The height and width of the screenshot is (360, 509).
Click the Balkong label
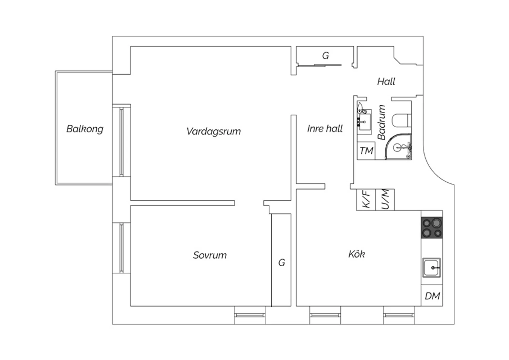[85, 129]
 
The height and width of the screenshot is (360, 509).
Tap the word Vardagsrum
[213, 131]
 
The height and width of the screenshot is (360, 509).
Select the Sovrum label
[210, 255]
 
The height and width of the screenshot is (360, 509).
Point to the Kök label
[357, 254]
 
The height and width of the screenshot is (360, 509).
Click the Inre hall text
[325, 129]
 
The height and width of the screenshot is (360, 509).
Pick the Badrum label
[381, 122]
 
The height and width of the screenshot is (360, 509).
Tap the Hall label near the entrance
[386, 82]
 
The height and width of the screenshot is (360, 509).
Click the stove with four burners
[432, 228]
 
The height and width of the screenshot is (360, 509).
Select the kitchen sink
[432, 268]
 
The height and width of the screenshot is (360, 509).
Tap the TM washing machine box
[366, 150]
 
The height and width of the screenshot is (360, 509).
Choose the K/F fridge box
[366, 199]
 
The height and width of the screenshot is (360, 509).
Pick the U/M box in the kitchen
[385, 199]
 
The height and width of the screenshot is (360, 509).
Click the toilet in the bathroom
[402, 120]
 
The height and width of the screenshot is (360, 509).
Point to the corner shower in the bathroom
[398, 146]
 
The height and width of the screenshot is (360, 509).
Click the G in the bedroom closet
[282, 263]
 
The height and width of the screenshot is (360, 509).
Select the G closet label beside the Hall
[325, 55]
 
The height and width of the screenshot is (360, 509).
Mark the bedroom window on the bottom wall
[250, 315]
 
